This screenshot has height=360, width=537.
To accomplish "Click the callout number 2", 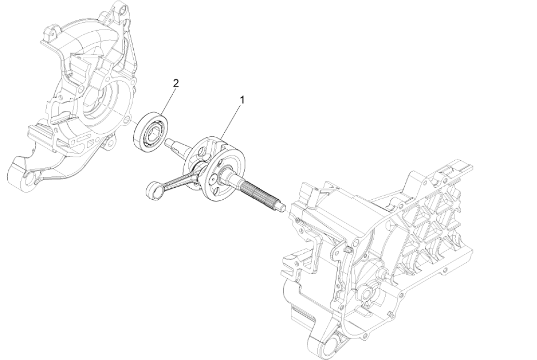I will pos(176,83).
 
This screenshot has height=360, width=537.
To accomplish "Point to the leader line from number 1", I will pos(232,118).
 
